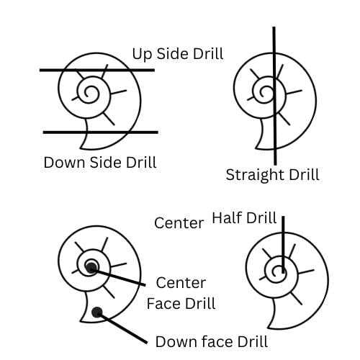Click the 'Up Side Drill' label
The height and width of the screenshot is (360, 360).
(178, 54)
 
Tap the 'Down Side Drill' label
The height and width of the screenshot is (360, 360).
(100, 163)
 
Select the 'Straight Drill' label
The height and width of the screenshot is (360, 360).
(272, 175)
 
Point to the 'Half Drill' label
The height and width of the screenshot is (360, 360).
(244, 218)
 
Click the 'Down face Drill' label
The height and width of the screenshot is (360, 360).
(212, 341)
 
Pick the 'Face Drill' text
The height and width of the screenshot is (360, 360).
(181, 304)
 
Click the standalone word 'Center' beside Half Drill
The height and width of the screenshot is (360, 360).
(179, 223)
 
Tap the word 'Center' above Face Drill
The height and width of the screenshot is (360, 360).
(181, 283)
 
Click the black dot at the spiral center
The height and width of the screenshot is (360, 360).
(91, 268)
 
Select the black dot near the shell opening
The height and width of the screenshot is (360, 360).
(97, 312)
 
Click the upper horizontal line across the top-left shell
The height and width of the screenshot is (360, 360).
(97, 70)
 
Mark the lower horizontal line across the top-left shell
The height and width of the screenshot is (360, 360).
(101, 132)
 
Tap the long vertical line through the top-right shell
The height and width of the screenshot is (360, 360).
(274, 96)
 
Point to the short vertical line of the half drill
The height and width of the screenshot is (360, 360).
(283, 244)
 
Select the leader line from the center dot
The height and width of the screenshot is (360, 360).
(119, 277)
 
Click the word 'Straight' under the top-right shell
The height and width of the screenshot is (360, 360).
(255, 175)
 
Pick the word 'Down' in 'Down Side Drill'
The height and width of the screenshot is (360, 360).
(65, 163)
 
